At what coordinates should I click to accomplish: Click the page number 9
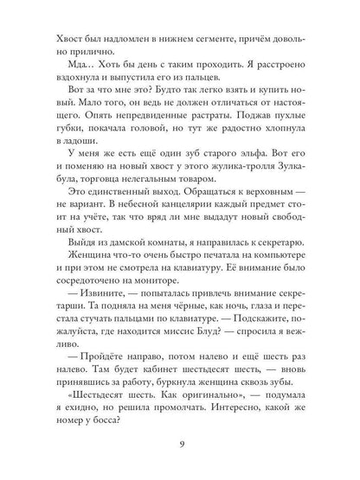(180, 446)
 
